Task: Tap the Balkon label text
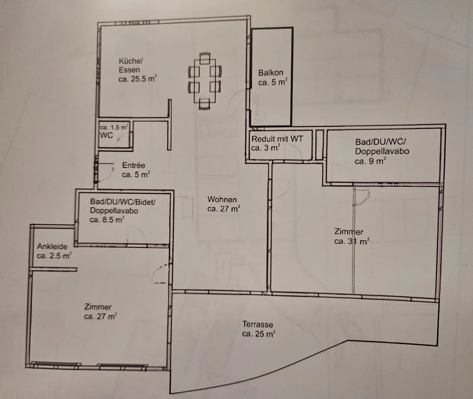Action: tap(271, 73)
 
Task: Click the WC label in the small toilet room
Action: tap(106, 136)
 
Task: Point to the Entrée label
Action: tap(134, 165)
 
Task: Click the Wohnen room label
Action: tap(222, 199)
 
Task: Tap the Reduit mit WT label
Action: tap(277, 139)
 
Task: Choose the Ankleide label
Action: tap(52, 246)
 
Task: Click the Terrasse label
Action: tap(258, 324)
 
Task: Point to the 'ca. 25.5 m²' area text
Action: tap(137, 79)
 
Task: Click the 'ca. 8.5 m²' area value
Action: tap(107, 220)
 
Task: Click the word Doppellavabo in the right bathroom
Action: tap(382, 151)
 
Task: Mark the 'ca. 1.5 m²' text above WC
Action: tap(114, 127)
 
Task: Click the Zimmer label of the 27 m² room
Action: tap(98, 307)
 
